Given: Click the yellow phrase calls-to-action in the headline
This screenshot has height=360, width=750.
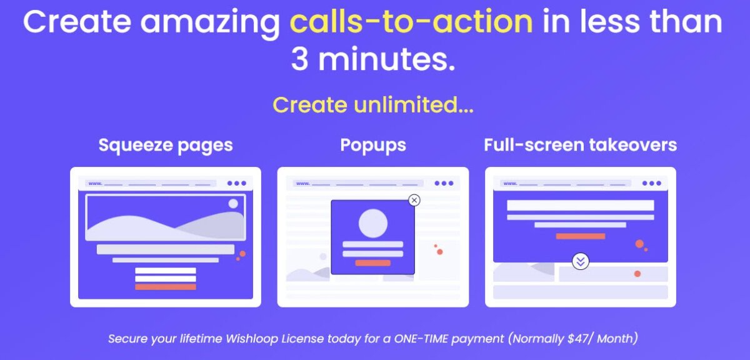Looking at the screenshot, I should click(x=411, y=22).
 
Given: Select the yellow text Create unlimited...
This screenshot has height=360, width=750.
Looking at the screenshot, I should click(x=372, y=105).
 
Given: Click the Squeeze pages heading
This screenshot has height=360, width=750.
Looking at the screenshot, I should click(x=166, y=146).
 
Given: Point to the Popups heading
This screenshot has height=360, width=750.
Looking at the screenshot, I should click(x=373, y=146).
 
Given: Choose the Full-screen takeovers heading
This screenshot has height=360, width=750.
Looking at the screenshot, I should click(x=580, y=146).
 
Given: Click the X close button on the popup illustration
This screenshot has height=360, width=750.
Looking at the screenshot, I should click(x=414, y=200).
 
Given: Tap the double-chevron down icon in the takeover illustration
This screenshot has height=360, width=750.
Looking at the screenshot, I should click(x=581, y=261).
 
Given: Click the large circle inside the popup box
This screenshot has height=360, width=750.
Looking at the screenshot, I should click(x=373, y=223).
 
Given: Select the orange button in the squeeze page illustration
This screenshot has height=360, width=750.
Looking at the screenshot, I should click(x=166, y=287).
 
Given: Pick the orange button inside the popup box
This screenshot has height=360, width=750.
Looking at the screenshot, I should click(x=373, y=263).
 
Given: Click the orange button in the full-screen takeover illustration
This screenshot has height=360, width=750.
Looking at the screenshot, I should click(x=581, y=236).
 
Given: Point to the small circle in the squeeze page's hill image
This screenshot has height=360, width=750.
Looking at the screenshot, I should click(x=233, y=204).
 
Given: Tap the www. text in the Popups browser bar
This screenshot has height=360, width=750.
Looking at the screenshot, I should click(x=302, y=184).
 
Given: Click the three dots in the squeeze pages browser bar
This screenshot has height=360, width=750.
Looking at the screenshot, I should click(x=237, y=183).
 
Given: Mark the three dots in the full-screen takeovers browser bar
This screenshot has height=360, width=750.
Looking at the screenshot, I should click(x=652, y=183).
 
